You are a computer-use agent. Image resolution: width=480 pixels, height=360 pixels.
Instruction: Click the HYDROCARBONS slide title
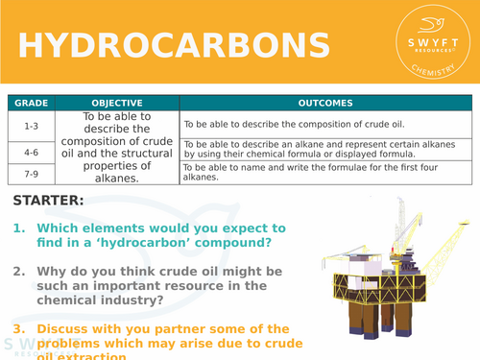(x=174, y=46)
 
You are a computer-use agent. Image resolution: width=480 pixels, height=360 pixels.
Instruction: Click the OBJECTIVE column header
(x=117, y=103)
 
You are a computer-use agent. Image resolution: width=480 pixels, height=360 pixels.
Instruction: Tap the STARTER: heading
(x=49, y=201)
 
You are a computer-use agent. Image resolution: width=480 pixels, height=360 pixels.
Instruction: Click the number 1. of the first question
(x=20, y=228)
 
